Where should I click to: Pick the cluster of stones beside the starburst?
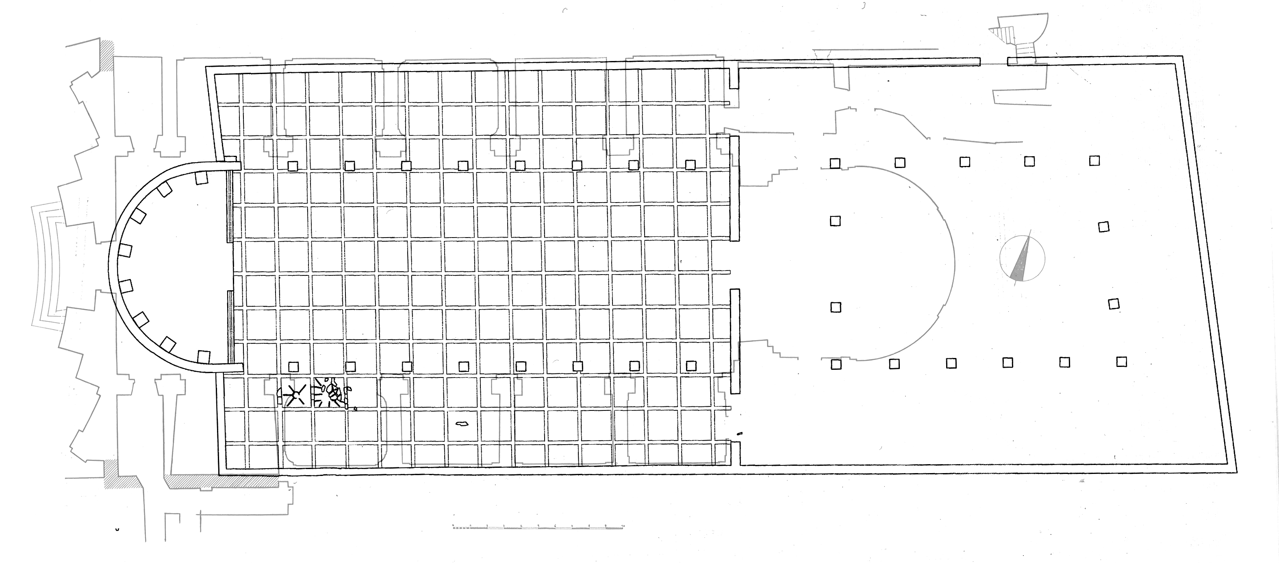330,393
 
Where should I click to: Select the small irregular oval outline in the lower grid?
462,424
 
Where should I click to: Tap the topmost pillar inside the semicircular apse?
201,178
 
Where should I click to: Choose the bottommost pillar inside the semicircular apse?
204,357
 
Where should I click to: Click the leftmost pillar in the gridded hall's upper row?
293,166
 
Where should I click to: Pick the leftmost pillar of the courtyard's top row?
835,163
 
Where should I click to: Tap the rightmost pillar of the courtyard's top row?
1094,161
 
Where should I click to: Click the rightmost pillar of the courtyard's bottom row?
1121,361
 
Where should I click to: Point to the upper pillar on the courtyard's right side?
1104,227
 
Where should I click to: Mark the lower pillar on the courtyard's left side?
836,307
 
